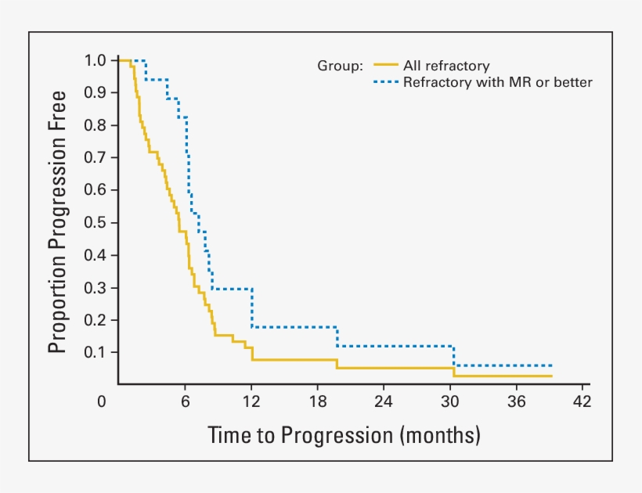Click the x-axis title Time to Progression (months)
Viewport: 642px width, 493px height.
[344, 434]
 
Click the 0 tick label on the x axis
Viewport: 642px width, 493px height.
[102, 402]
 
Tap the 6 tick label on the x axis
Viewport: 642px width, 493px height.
[186, 402]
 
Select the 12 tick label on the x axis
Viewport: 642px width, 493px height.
[251, 402]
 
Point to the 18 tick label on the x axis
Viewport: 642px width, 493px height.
[317, 402]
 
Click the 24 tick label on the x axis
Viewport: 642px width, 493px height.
[384, 402]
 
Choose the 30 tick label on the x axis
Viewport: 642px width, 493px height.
[449, 402]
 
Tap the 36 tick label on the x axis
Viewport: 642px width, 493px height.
[515, 402]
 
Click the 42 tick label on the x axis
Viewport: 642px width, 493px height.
[582, 402]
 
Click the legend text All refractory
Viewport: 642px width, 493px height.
[445, 66]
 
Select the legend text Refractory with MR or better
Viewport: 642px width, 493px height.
[497, 81]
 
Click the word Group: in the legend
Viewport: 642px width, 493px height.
[340, 66]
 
